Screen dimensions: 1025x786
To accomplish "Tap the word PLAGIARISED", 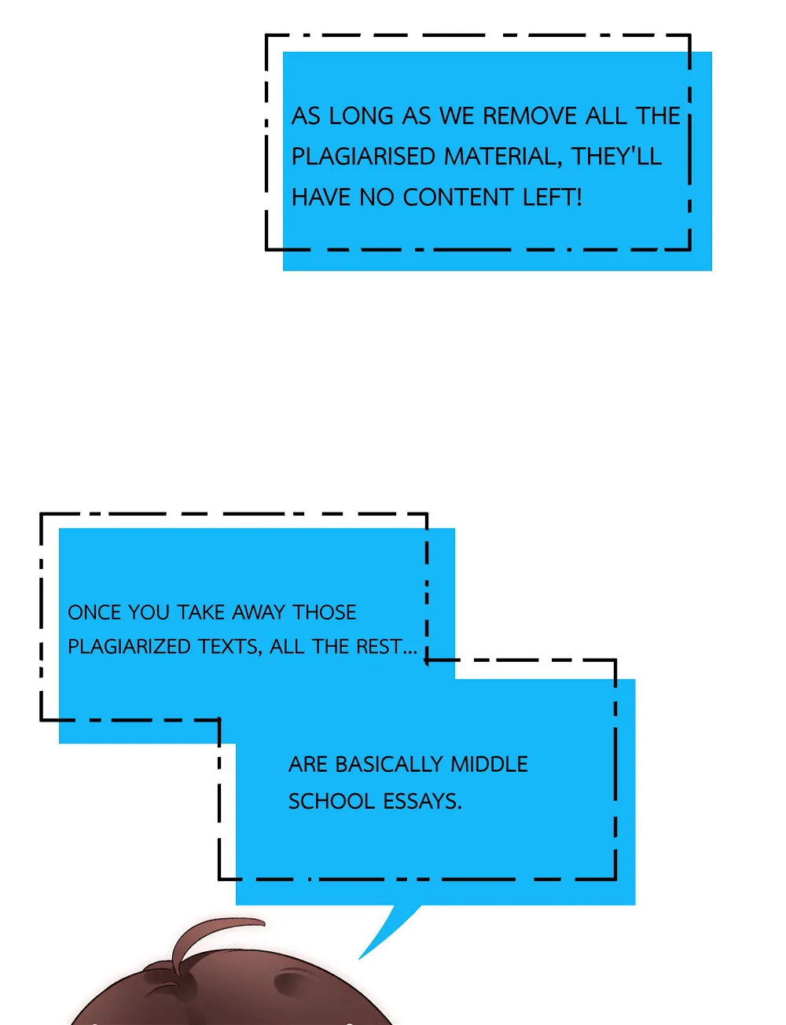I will click(x=364, y=156).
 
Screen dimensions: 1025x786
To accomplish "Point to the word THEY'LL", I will click(x=616, y=156).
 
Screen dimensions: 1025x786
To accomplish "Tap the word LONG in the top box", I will click(x=361, y=116).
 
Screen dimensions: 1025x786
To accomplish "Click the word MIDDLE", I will click(x=489, y=764).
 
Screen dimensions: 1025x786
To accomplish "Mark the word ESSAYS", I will click(x=423, y=802).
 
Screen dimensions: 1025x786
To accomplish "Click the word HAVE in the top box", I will click(x=321, y=197).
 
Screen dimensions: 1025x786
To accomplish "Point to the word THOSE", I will click(x=325, y=612).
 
